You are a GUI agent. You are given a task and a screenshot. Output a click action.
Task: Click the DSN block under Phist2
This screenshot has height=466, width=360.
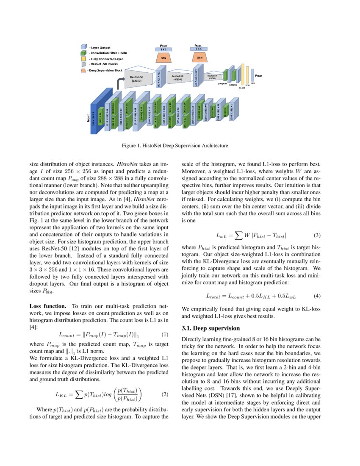163,57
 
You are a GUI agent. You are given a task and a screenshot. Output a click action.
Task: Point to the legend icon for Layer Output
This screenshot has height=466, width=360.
84,47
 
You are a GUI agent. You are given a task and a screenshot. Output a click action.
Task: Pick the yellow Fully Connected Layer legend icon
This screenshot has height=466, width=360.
84,58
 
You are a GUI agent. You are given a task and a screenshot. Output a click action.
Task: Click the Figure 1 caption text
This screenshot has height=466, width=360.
175,146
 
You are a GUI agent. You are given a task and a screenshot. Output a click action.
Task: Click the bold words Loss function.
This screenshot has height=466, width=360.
47,305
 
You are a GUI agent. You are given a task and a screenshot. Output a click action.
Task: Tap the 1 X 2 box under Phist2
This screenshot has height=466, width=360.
163,50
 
